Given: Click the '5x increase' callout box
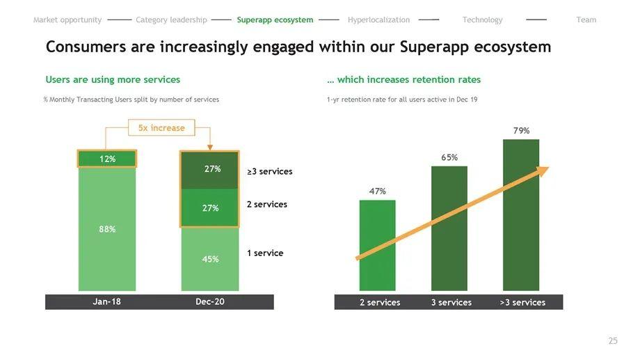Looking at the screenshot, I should pyautogui.click(x=161, y=128).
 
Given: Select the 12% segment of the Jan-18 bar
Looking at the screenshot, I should pyautogui.click(x=107, y=159).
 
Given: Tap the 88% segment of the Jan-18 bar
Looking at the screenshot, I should pyautogui.click(x=107, y=229).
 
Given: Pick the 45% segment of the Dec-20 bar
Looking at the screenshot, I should pyautogui.click(x=210, y=259).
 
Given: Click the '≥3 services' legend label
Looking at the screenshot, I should pyautogui.click(x=270, y=171).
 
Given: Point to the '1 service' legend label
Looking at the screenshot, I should pyautogui.click(x=265, y=253).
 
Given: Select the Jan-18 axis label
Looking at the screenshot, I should pyautogui.click(x=107, y=302).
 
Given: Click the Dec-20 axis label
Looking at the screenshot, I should pyautogui.click(x=210, y=302).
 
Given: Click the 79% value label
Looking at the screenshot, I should pyautogui.click(x=521, y=131).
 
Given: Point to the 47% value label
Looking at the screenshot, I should pyautogui.click(x=377, y=191).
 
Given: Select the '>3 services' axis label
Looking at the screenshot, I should pyautogui.click(x=522, y=303).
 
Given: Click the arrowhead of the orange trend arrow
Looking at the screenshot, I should pyautogui.click(x=542, y=171).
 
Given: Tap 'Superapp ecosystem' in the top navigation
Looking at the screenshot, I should pyautogui.click(x=275, y=20).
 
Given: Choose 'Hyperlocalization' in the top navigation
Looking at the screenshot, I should pyautogui.click(x=378, y=20).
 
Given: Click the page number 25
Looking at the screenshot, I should pyautogui.click(x=612, y=341).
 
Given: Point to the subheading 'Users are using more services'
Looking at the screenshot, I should pyautogui.click(x=113, y=80).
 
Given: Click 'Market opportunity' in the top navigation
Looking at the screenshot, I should pyautogui.click(x=67, y=20).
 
